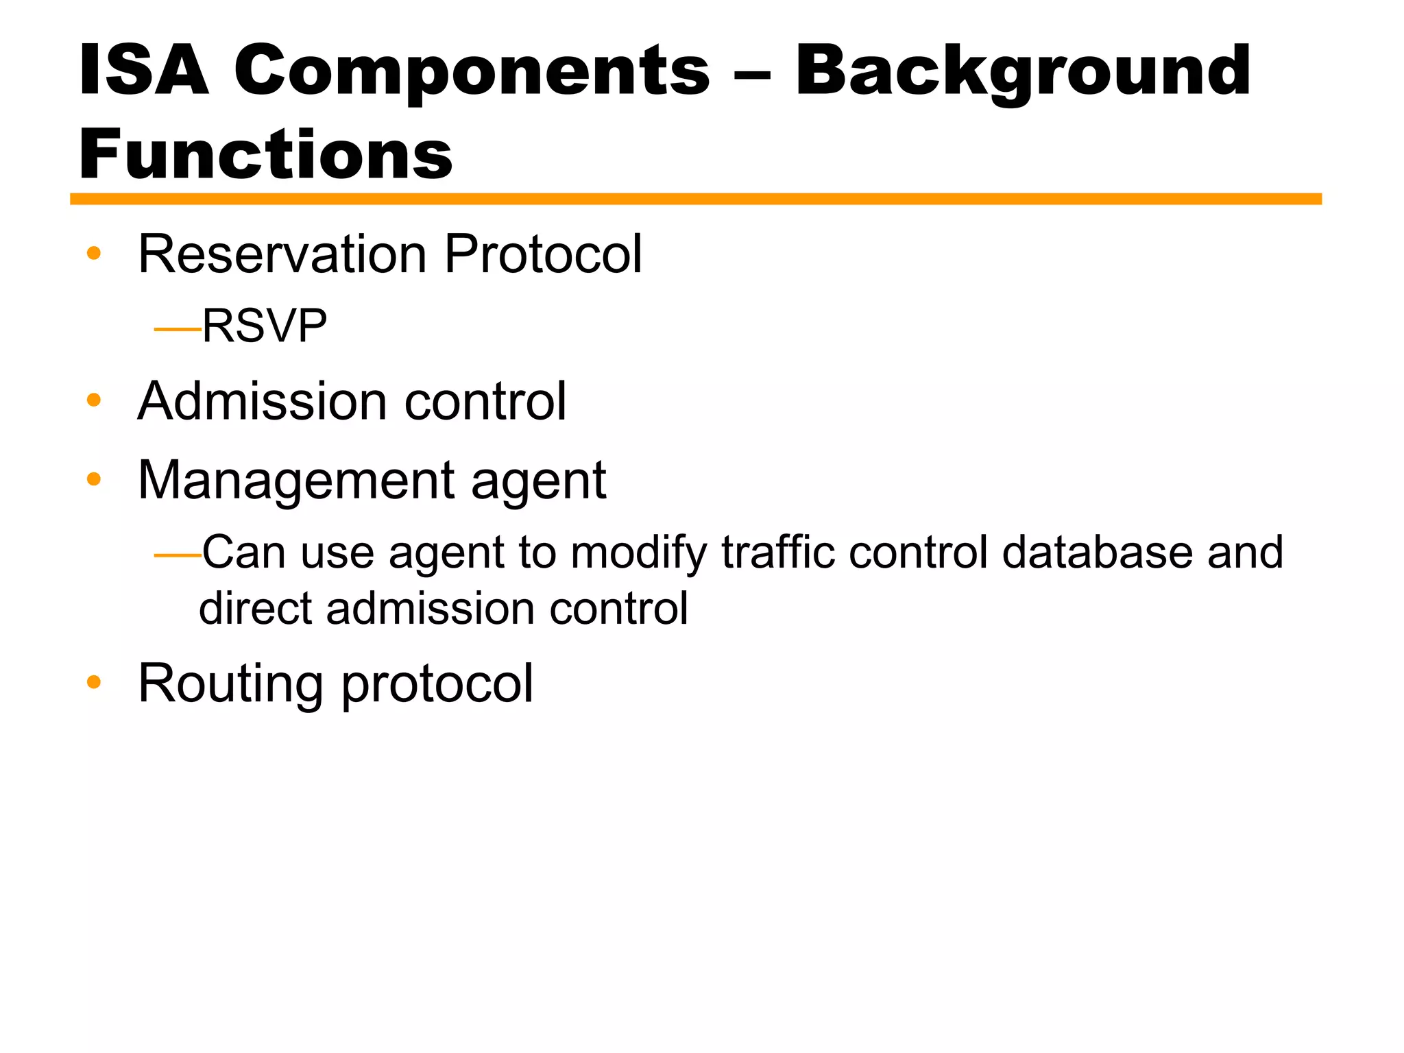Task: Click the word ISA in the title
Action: click(143, 71)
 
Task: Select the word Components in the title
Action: click(472, 71)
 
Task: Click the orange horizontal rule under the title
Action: click(695, 199)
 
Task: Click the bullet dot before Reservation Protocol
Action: click(94, 254)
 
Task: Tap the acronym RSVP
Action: click(265, 326)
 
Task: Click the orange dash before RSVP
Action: click(178, 330)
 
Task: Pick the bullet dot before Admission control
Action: click(94, 400)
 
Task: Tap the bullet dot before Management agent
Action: click(94, 479)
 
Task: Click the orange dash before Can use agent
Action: click(178, 555)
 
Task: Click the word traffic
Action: click(778, 552)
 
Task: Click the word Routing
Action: click(230, 684)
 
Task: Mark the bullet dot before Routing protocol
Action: click(94, 683)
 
